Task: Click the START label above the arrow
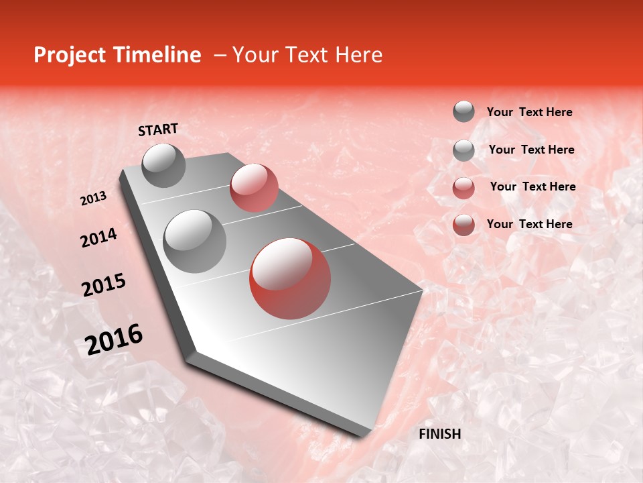click(158, 129)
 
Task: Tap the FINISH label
click(439, 434)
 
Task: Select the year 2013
click(93, 198)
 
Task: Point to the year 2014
click(98, 237)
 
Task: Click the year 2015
click(103, 285)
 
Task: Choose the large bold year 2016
click(114, 339)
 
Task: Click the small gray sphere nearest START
click(163, 165)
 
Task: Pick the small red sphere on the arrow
click(254, 188)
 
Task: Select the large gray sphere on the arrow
click(195, 241)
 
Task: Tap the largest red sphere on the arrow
click(290, 278)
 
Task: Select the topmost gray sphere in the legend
click(463, 111)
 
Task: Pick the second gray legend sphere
click(463, 150)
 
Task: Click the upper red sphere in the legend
click(463, 187)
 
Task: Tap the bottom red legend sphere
click(463, 225)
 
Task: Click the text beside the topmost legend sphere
click(529, 112)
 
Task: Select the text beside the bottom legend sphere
click(529, 224)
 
